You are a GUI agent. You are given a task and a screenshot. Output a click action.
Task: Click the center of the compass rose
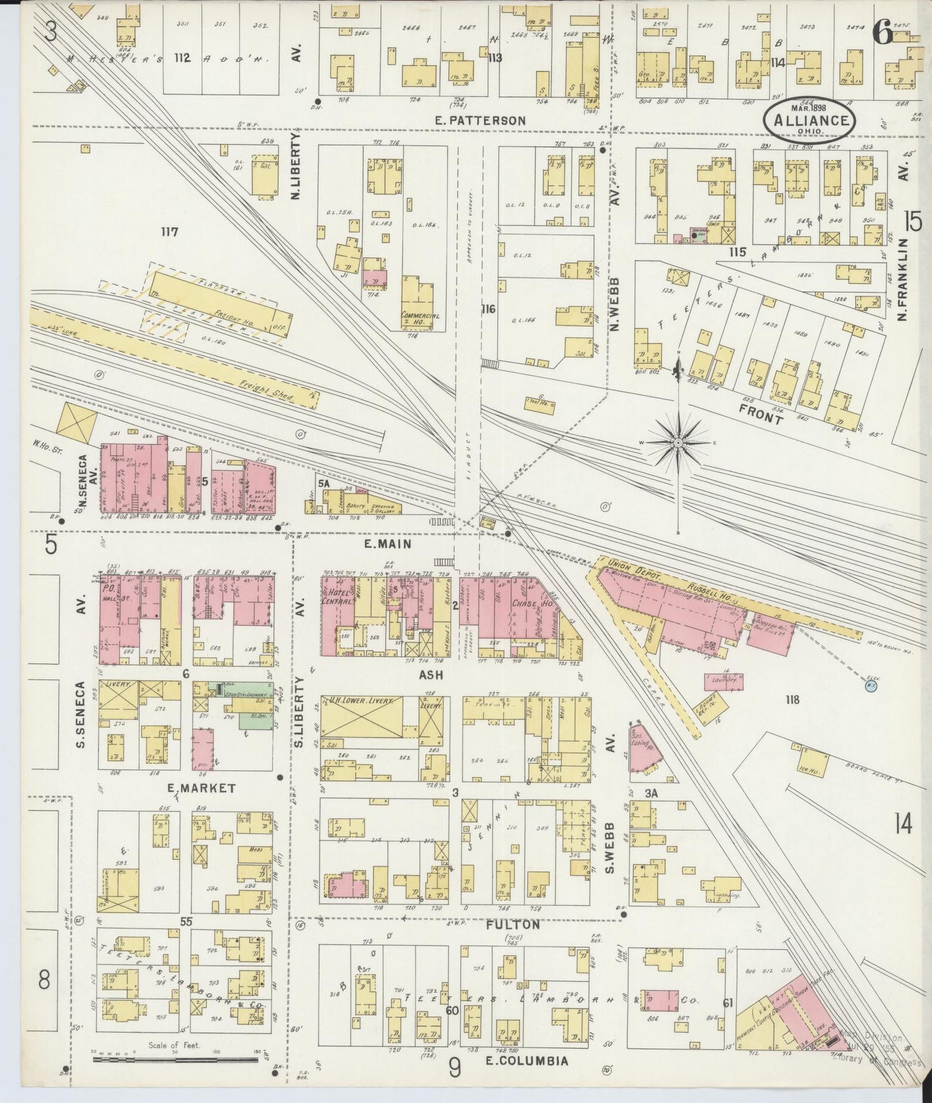(679, 444)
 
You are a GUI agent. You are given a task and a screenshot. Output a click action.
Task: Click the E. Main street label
(387, 544)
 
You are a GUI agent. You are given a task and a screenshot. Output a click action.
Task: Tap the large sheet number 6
(882, 32)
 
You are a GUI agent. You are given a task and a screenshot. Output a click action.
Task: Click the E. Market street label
(192, 788)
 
